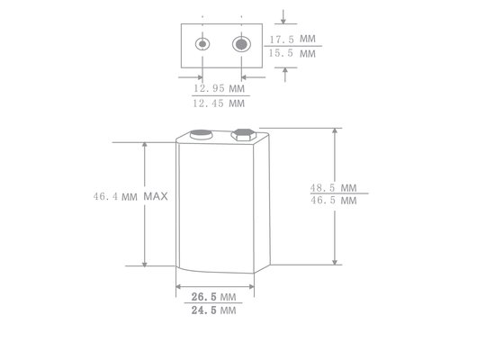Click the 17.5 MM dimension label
[x=293, y=40]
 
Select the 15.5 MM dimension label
[x=293, y=54]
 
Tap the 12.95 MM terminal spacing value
[x=220, y=90]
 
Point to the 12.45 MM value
[x=220, y=104]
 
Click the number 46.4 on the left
[x=104, y=195]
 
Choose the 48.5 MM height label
[x=334, y=188]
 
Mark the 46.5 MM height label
[x=334, y=202]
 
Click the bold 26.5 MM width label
[x=213, y=296]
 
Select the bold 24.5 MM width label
[x=213, y=310]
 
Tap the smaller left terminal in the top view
[x=203, y=44]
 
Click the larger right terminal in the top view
[x=240, y=44]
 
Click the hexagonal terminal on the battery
[x=241, y=135]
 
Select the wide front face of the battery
[x=220, y=202]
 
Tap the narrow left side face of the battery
[x=178, y=202]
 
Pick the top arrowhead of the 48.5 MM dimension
[x=336, y=130]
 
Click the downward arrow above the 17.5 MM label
[x=284, y=20]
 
